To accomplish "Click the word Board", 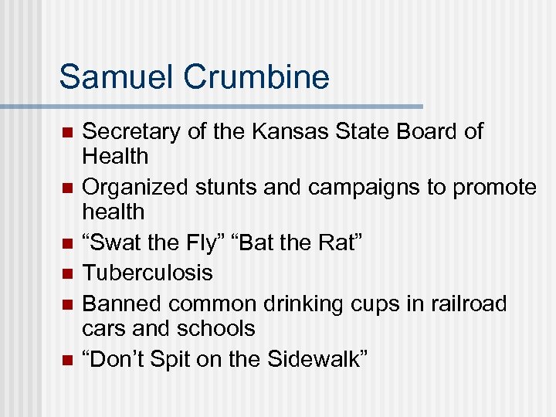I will point(428,131).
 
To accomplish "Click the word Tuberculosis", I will point(147,273).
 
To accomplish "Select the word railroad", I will point(469,303).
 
